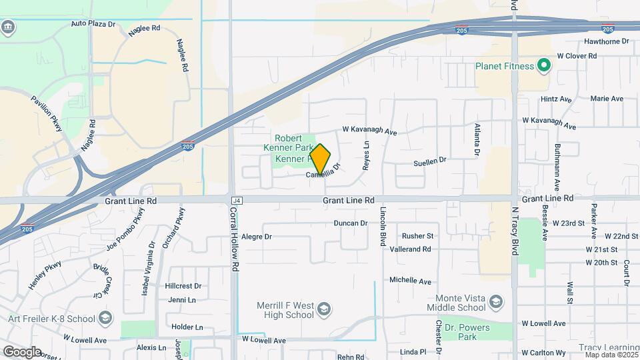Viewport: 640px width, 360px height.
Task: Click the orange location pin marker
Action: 321,159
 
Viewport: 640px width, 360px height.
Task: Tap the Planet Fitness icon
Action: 543,66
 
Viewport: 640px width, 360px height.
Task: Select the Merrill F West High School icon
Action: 323,309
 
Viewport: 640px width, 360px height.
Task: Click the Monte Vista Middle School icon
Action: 495,303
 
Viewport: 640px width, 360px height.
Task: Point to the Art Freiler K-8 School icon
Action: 105,318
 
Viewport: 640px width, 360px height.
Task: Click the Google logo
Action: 22,351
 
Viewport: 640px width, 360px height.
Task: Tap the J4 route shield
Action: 236,200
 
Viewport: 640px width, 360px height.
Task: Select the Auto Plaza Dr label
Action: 93,23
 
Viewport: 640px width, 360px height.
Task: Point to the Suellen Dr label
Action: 429,161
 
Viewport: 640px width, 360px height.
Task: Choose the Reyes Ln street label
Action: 366,155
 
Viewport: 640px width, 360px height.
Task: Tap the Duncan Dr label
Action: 351,223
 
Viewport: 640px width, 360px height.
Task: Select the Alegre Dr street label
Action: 257,237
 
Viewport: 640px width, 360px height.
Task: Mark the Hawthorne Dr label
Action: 607,41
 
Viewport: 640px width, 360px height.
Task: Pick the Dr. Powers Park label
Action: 467,332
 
